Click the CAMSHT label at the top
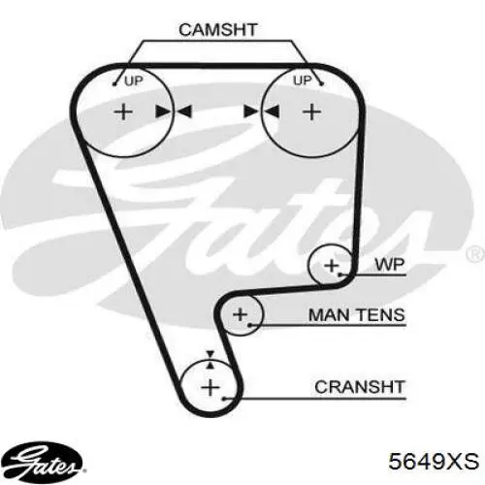218,29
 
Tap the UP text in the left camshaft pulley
134,81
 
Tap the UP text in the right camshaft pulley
303,81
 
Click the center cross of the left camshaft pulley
123,113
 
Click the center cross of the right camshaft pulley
311,113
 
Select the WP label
390,265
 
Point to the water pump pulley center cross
331,266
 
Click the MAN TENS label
357,315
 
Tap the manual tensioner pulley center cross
240,314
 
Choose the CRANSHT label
360,387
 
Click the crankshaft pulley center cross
210,387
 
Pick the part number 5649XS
434,461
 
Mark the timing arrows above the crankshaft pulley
210,360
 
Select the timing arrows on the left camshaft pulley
174,112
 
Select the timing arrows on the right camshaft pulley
261,112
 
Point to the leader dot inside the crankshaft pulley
224,399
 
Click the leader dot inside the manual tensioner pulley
249,325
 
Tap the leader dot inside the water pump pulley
339,275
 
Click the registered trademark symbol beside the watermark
475,254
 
